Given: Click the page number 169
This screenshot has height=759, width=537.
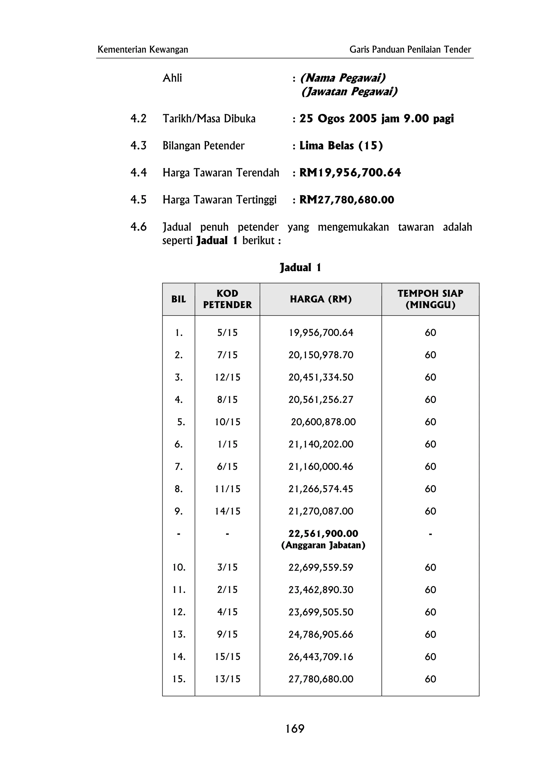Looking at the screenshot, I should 294,728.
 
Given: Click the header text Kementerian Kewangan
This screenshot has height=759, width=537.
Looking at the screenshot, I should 143,49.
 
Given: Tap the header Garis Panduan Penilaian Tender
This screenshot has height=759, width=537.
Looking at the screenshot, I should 410,49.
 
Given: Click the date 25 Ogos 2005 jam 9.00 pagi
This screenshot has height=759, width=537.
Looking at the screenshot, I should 376,118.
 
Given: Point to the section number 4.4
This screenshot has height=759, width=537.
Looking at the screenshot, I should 138,172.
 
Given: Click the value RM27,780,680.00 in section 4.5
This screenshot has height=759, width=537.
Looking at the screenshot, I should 346,200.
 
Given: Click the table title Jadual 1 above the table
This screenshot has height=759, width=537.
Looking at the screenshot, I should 300,267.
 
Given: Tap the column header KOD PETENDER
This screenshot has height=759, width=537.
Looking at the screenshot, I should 227,299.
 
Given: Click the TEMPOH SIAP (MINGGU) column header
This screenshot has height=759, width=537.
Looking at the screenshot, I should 430,299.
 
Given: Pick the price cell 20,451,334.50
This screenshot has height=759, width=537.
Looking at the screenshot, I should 321,377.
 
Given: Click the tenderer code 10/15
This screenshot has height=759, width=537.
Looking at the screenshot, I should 227,422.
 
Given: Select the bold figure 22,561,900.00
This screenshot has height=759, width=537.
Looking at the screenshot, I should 323,533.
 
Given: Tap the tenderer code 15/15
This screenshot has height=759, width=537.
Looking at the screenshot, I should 227,657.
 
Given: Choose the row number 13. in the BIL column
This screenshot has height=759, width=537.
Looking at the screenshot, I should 179,634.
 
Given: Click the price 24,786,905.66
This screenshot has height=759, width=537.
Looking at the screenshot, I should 321,634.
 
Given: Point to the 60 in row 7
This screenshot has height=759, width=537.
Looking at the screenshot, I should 430,466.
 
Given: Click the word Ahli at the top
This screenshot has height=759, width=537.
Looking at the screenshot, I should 172,78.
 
